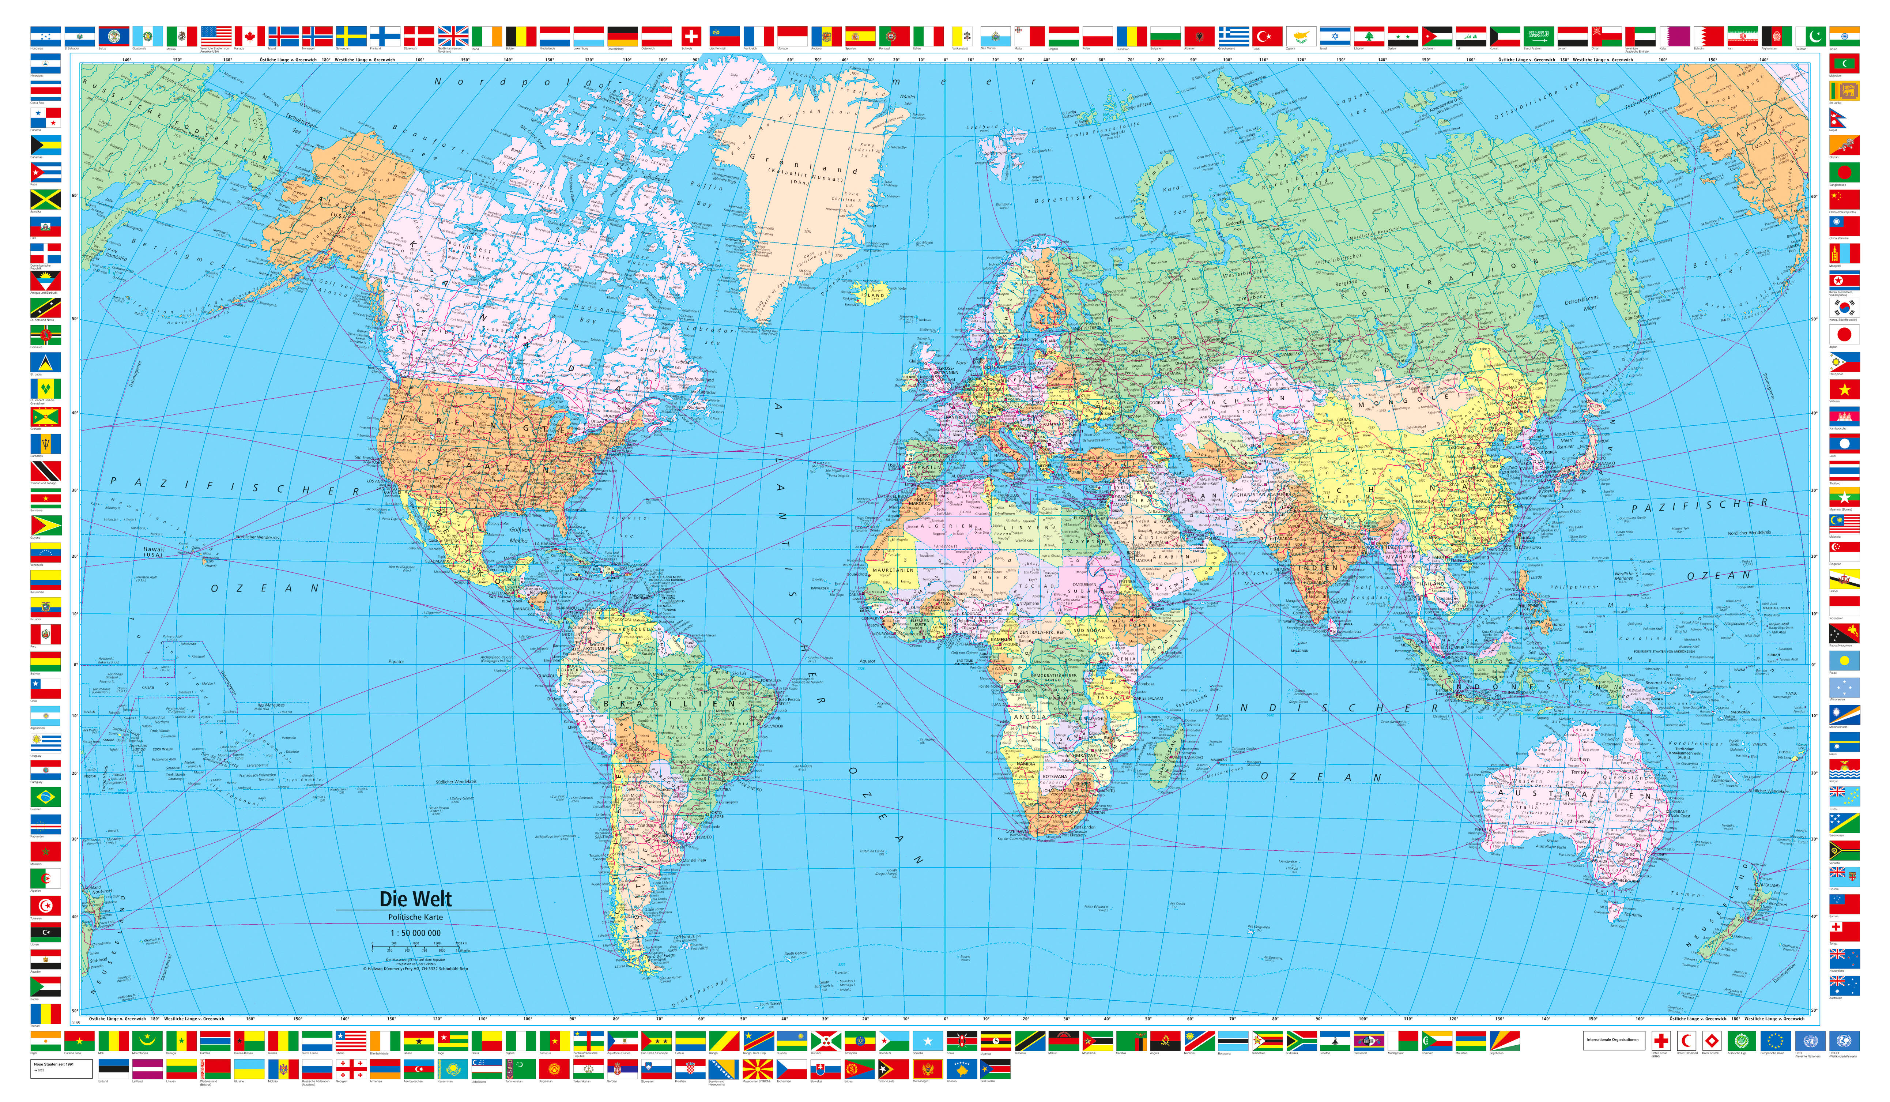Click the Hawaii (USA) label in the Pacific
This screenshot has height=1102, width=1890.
pyautogui.click(x=154, y=552)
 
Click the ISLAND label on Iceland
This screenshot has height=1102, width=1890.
pyautogui.click(x=872, y=295)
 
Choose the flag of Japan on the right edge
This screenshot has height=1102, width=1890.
pyautogui.click(x=1844, y=335)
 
